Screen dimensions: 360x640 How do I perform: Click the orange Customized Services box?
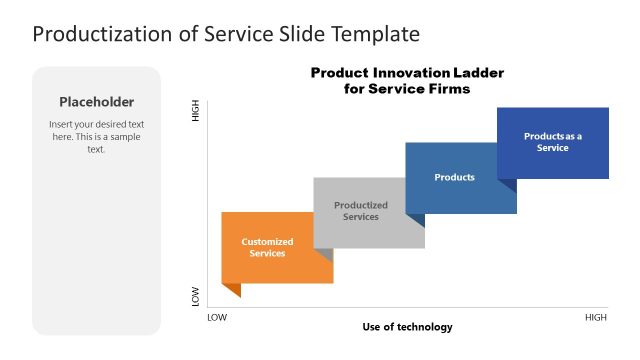[267, 247]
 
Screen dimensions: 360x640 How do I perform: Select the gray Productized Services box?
[361, 212]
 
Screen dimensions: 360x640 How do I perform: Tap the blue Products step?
[455, 178]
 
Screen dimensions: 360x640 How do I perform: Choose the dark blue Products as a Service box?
[553, 142]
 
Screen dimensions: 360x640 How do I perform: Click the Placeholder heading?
[96, 101]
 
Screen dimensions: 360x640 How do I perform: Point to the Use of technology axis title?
[407, 327]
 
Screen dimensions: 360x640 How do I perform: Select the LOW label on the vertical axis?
[196, 297]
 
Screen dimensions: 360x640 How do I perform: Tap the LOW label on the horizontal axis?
[216, 317]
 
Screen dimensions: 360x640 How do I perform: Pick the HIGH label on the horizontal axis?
[595, 317]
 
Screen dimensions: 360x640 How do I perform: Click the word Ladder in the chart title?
[477, 73]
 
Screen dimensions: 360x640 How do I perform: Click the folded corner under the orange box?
[231, 289]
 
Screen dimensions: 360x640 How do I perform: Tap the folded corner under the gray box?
[324, 254]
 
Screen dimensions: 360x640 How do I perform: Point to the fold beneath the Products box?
[415, 219]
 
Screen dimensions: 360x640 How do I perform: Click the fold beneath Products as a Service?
[507, 185]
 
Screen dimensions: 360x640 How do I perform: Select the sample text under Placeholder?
[96, 136]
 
